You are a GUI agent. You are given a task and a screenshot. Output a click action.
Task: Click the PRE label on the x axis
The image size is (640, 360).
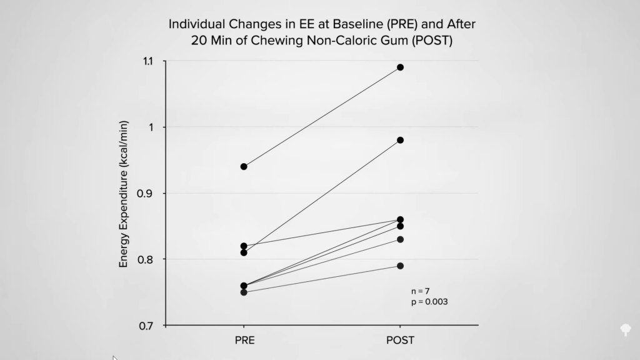pyautogui.click(x=244, y=341)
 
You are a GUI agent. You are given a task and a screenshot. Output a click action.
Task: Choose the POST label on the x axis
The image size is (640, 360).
pyautogui.click(x=400, y=341)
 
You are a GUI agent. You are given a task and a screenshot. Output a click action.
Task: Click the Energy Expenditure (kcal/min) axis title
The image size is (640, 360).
pyautogui.click(x=124, y=193)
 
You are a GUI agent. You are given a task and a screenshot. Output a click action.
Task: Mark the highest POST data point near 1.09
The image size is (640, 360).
pyautogui.click(x=400, y=67)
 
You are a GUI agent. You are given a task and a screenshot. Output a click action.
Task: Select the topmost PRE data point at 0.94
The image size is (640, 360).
pyautogui.click(x=244, y=166)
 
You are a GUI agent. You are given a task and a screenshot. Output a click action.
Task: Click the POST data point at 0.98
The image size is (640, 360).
pyautogui.click(x=400, y=140)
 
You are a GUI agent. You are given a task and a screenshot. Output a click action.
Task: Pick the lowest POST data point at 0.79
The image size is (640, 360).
pyautogui.click(x=400, y=266)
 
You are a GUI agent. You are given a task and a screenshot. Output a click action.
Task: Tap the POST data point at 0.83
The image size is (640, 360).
pyautogui.click(x=400, y=239)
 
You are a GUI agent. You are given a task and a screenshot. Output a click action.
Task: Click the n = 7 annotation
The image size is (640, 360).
pyautogui.click(x=421, y=291)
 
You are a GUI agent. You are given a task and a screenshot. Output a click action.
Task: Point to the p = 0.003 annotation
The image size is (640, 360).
pyautogui.click(x=429, y=302)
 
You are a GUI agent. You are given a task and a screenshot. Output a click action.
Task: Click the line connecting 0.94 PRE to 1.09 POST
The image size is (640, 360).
pyautogui.click(x=322, y=117)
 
